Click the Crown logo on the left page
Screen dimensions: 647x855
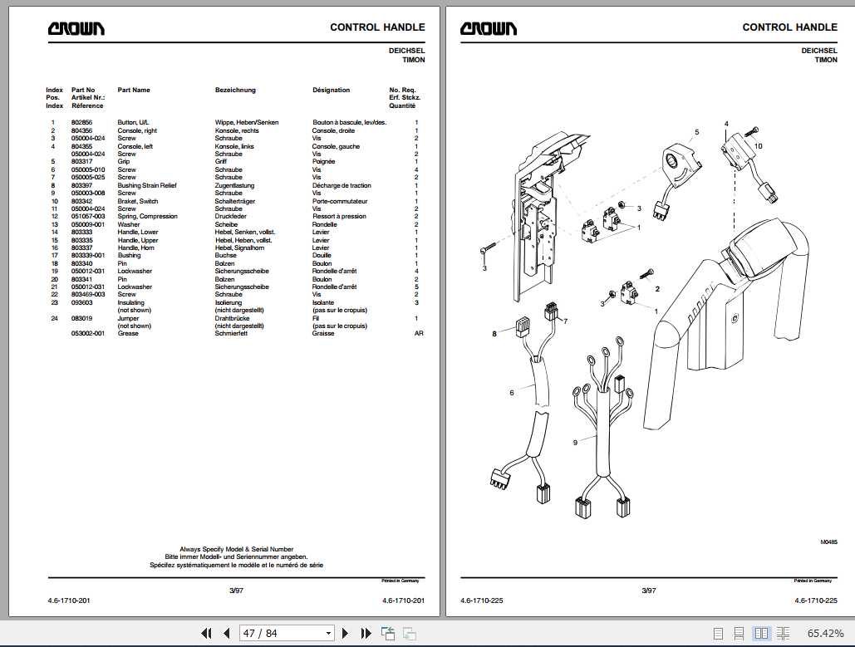[x=76, y=29]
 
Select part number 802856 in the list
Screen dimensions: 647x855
[x=82, y=122]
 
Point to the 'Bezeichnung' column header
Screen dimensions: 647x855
[x=235, y=90]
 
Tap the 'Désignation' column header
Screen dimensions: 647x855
[x=331, y=90]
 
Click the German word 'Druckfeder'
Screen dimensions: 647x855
[x=232, y=217]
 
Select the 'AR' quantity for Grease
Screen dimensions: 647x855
[x=419, y=333]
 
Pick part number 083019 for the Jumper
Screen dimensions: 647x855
[x=82, y=318]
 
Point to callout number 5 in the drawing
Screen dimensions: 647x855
[x=696, y=131]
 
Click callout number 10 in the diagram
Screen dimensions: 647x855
[x=757, y=146]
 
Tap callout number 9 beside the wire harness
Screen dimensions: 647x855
[x=574, y=443]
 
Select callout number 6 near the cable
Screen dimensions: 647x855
[x=511, y=392]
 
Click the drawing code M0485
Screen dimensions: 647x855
[x=828, y=542]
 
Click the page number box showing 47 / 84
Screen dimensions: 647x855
[x=286, y=634]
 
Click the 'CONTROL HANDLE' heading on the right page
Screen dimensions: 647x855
[x=789, y=27]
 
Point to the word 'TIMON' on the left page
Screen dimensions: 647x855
[x=413, y=60]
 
